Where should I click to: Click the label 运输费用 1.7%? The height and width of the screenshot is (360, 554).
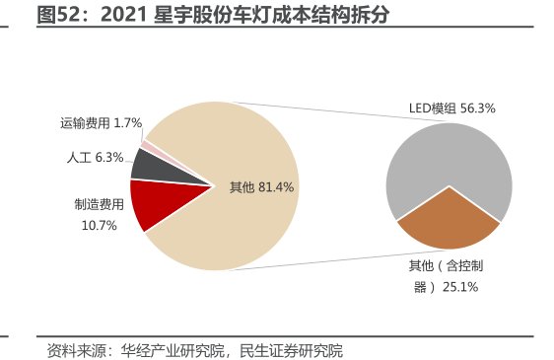click(x=101, y=123)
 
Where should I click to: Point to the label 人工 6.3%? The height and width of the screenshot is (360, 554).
click(x=95, y=157)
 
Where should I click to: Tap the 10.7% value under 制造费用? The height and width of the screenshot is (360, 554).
click(x=99, y=225)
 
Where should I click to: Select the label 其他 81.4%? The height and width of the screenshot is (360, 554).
click(x=261, y=185)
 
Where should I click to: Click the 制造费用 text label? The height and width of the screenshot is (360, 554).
click(x=100, y=205)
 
